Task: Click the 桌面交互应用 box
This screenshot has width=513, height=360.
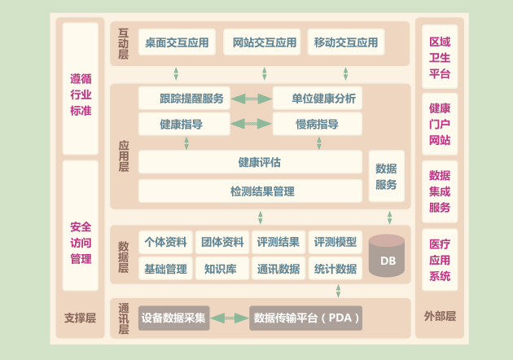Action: [177, 42]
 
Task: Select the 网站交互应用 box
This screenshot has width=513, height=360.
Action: [261, 42]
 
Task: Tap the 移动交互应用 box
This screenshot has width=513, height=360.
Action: [345, 42]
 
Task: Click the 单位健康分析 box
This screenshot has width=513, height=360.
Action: [317, 99]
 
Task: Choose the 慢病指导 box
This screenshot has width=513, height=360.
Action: [317, 125]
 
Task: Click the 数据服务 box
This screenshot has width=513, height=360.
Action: [386, 177]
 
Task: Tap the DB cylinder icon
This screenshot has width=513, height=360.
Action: [387, 255]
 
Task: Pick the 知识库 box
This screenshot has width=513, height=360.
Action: [221, 269]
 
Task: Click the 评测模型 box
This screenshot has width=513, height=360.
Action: [335, 242]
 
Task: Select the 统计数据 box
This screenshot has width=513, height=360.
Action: [335, 269]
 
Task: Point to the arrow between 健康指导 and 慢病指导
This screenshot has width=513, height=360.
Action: [252, 125]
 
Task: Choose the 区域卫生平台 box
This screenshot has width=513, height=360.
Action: [440, 57]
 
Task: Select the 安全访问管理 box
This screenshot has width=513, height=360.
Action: [81, 243]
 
